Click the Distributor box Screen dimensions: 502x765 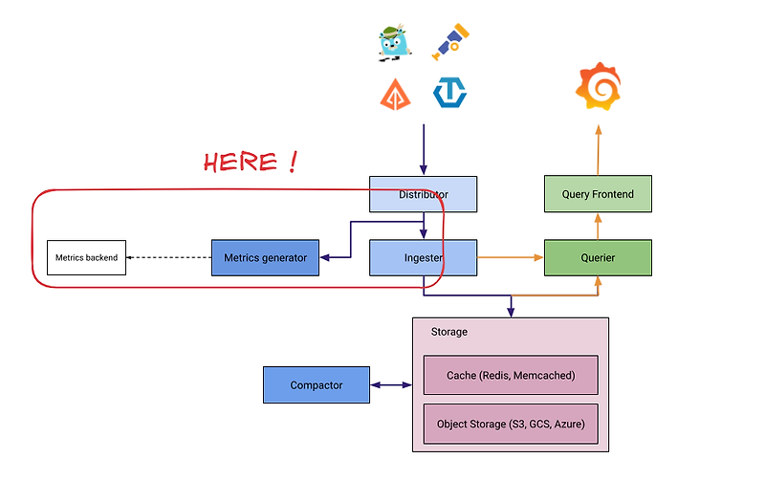click(423, 194)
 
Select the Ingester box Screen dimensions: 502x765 click(423, 257)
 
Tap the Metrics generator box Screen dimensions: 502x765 click(265, 257)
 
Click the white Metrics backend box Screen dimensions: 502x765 click(86, 257)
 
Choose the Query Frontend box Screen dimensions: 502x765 click(598, 194)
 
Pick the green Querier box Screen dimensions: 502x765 click(598, 257)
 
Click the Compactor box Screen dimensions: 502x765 click(317, 385)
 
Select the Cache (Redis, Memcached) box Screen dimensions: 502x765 click(511, 376)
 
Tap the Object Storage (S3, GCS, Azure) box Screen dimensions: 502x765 click(511, 424)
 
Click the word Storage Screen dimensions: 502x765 click(449, 332)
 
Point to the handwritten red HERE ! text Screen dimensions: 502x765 click(250, 162)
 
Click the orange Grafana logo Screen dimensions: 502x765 click(599, 87)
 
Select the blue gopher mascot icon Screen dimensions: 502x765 click(394, 43)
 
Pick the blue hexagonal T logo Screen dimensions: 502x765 click(449, 93)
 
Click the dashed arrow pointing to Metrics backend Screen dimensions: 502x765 click(168, 257)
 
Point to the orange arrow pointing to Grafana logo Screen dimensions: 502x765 click(599, 149)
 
